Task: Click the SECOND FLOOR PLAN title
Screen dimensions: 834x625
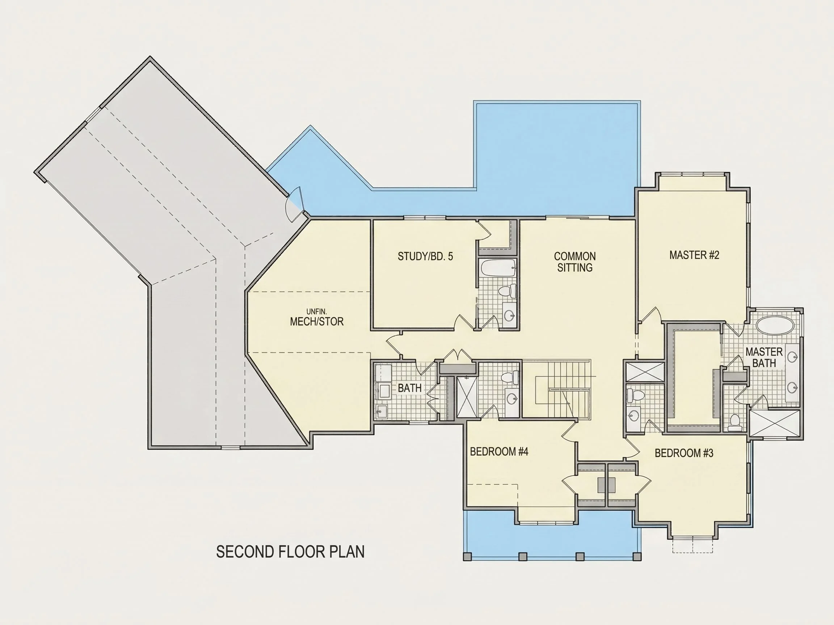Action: coord(290,552)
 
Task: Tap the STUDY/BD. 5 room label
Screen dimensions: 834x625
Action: coord(425,256)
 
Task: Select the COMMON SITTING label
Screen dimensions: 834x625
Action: coord(574,262)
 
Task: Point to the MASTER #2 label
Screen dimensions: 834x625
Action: coord(694,255)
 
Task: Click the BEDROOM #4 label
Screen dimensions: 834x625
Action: coord(499,451)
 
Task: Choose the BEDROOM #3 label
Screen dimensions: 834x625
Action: coord(684,453)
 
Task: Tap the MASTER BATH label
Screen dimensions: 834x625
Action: coord(764,357)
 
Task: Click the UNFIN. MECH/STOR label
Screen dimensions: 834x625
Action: coord(317,318)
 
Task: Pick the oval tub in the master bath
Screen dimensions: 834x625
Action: coord(775,325)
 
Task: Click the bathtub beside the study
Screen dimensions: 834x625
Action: coord(498,268)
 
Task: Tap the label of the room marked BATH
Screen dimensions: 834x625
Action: coord(409,388)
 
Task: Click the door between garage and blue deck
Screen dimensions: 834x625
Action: coord(295,203)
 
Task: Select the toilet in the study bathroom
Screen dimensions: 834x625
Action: coord(507,290)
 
